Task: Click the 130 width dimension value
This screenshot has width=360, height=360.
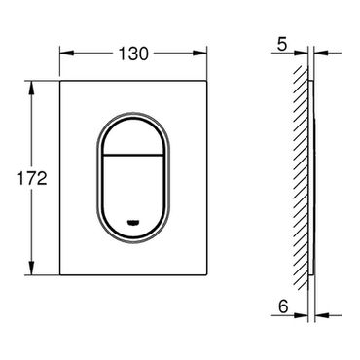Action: (x=133, y=54)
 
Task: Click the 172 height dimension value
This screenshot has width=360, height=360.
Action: (x=32, y=178)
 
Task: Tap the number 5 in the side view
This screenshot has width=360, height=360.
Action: (x=282, y=44)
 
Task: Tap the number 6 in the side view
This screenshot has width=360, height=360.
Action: (x=283, y=306)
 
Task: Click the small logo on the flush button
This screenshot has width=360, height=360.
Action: (x=133, y=222)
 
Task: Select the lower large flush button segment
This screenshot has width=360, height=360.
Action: (x=133, y=192)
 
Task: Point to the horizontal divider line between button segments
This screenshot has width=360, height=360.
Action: (x=133, y=154)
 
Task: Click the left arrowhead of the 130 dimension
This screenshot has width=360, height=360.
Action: (x=67, y=54)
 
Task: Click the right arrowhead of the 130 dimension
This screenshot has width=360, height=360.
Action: (x=199, y=54)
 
